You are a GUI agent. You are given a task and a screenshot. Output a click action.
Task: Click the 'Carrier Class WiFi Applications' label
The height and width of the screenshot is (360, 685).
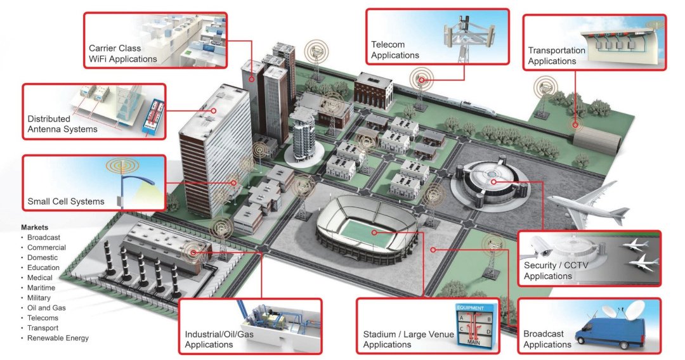coord(123,54)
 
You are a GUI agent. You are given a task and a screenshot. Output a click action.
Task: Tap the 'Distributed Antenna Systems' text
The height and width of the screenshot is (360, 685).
coord(62,124)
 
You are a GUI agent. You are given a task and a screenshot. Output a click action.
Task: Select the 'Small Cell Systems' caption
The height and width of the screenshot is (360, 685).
coord(66,202)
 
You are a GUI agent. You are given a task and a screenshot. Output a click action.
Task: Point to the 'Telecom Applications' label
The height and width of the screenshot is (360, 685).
coord(395,49)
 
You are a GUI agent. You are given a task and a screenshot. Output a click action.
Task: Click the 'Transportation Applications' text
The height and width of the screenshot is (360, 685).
coord(557,56)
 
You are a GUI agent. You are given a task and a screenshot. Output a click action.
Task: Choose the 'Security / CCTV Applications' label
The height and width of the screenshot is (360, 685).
coord(556,271)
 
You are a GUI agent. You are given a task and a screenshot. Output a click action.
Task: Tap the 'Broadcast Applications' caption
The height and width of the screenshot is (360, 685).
coord(547,339)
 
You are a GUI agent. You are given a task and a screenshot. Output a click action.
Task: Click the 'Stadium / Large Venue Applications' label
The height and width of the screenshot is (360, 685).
coord(408,340)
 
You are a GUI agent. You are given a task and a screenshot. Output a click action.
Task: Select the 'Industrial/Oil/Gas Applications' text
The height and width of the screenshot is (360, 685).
coord(219,340)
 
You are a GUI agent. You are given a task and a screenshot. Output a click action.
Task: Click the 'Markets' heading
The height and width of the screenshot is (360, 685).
coord(34,228)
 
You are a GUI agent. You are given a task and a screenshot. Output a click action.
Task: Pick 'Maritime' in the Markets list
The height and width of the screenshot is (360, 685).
coord(41,288)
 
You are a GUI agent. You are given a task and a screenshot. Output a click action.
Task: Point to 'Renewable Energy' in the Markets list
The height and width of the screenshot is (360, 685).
coord(58,338)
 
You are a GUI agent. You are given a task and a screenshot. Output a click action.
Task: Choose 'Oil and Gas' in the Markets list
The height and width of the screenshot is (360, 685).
coord(46,308)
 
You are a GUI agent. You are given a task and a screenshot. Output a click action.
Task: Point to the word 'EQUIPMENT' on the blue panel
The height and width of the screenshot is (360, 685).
coord(471,307)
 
